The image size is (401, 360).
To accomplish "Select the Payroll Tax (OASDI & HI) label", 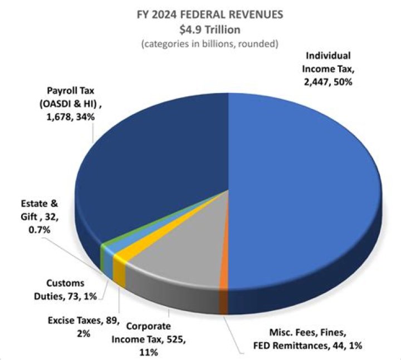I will (68, 103).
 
